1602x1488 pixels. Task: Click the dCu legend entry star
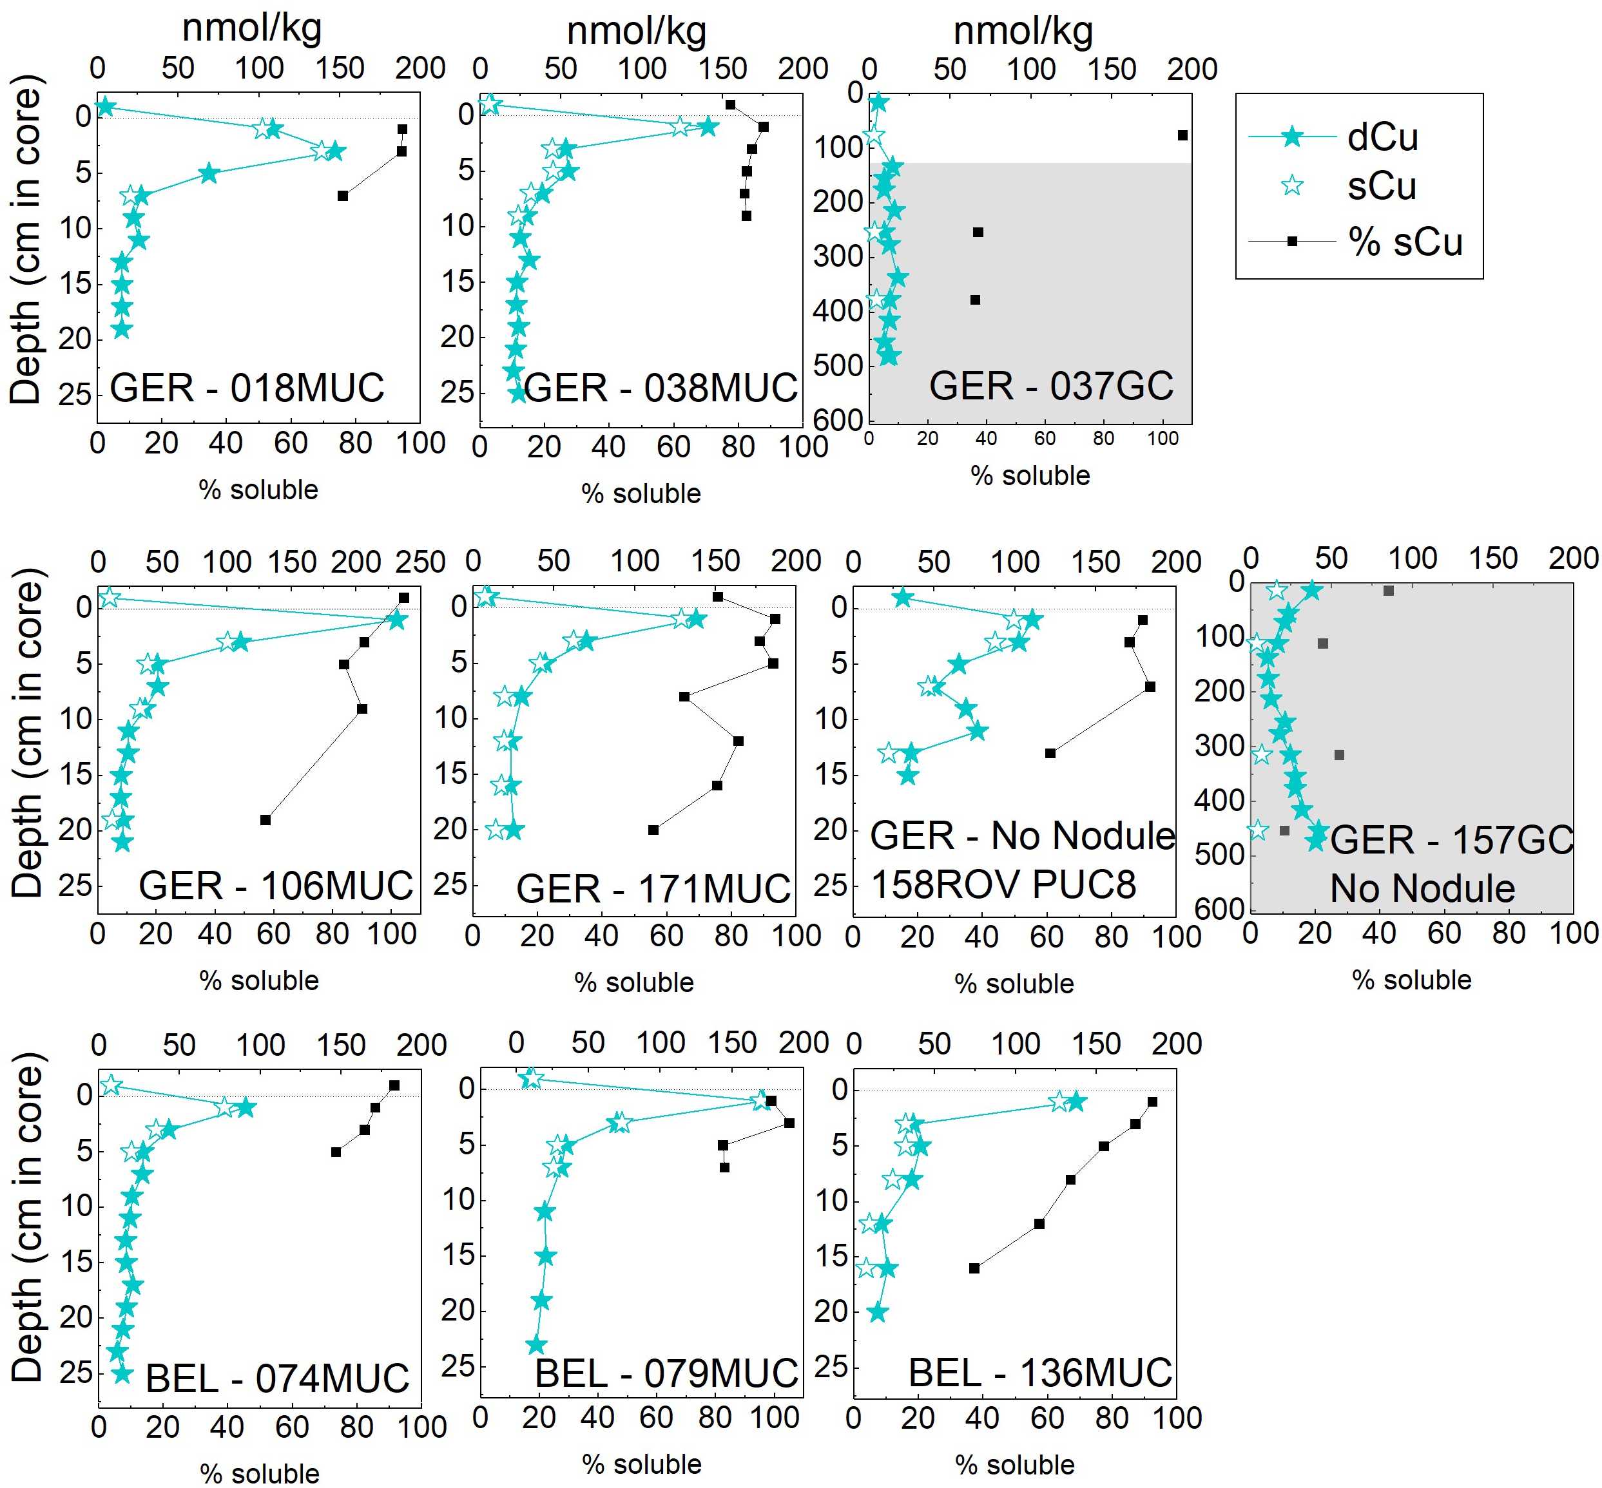pyautogui.click(x=1291, y=137)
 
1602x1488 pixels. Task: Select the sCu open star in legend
pyautogui.click(x=1292, y=186)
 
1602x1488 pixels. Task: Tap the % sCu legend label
pyautogui.click(x=1405, y=242)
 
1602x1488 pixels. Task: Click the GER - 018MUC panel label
pyautogui.click(x=246, y=388)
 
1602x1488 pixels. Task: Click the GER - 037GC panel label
pyautogui.click(x=1050, y=386)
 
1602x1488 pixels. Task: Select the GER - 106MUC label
pyautogui.click(x=275, y=886)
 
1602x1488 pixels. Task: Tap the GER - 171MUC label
pyautogui.click(x=653, y=889)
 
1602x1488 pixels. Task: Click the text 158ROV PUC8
pyautogui.click(x=1003, y=884)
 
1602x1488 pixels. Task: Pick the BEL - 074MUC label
pyautogui.click(x=277, y=1378)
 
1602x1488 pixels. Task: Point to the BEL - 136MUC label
pyautogui.click(x=1040, y=1373)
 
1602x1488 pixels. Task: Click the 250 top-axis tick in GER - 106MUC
pyautogui.click(x=425, y=562)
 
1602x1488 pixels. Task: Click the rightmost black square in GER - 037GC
pyautogui.click(x=1182, y=135)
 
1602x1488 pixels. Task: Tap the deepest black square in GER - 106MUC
pyautogui.click(x=265, y=819)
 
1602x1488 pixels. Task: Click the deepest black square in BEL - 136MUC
pyautogui.click(x=974, y=1268)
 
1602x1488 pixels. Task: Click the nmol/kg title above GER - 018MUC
pyautogui.click(x=252, y=28)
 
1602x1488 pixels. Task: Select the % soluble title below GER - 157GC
pyautogui.click(x=1411, y=980)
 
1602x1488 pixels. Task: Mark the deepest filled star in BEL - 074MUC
pyautogui.click(x=122, y=1373)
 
